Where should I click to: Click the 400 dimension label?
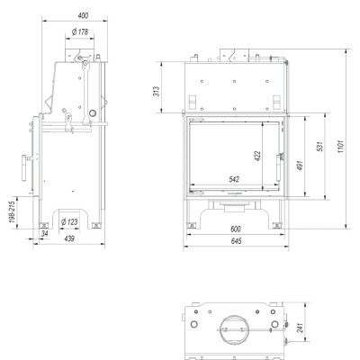point(83,15)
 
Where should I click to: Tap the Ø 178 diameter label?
point(80,31)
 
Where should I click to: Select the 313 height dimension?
point(157,91)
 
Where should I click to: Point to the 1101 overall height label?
point(341,147)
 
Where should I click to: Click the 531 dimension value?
point(320,147)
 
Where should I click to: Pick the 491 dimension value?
point(300,166)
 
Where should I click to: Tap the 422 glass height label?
point(257,156)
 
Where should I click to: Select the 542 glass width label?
point(234,179)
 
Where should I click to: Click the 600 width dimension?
point(236,229)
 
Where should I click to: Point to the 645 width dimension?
point(237,241)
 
